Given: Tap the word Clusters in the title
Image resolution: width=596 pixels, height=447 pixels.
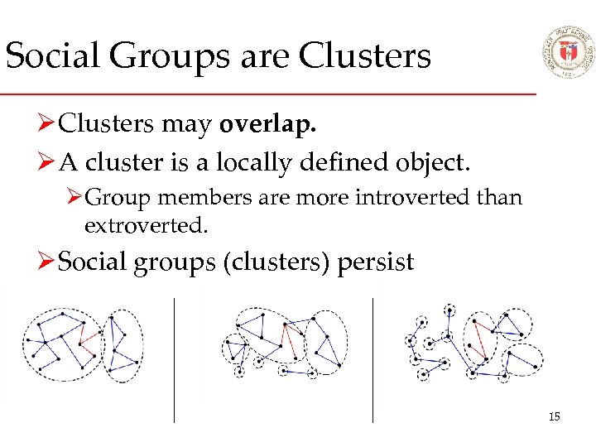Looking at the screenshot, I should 365,56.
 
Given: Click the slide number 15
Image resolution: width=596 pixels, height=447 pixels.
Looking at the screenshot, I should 554,416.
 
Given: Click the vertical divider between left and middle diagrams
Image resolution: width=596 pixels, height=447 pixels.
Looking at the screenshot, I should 174,360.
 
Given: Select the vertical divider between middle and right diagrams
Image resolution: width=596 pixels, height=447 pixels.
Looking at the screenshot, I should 372,360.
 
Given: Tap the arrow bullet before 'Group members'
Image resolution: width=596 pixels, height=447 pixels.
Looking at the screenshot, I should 74,199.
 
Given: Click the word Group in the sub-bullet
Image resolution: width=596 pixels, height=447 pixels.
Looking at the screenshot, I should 111,198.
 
